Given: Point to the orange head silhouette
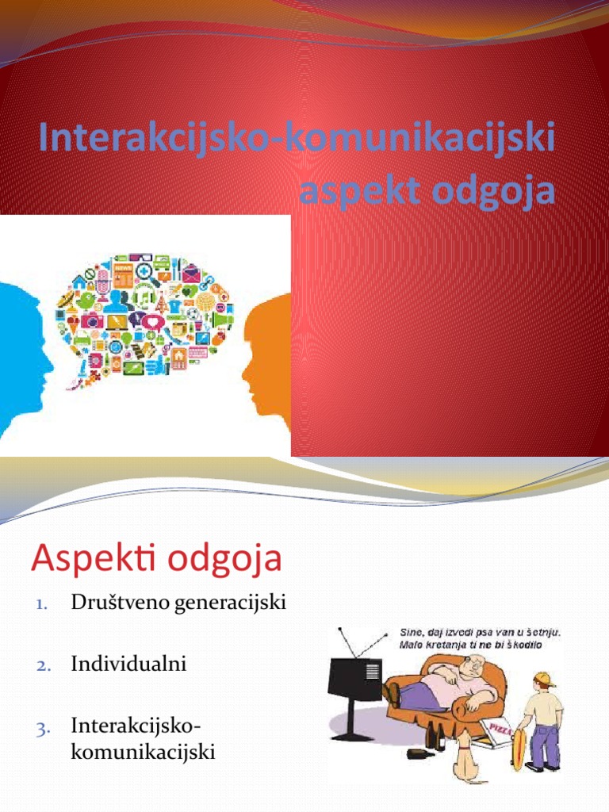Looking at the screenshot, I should click(270, 365).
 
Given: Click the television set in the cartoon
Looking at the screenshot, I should click(355, 674).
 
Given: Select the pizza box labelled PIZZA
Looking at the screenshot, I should click(492, 733).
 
